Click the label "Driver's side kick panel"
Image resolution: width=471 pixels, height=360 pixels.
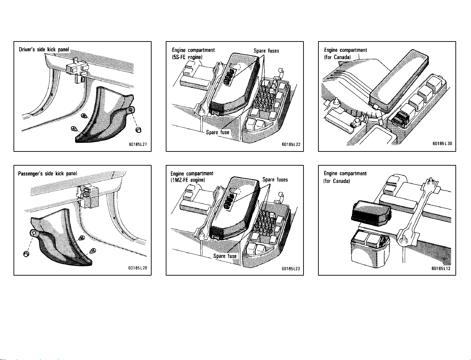tap(44, 49)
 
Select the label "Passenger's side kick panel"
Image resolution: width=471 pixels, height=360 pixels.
tap(47, 174)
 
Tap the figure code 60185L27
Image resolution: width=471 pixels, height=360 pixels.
tap(138, 144)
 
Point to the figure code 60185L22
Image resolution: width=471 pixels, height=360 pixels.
tap(291, 145)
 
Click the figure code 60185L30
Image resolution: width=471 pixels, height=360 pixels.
tap(442, 144)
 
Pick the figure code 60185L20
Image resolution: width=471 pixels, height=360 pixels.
tap(138, 268)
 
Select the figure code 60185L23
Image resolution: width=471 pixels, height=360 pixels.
tap(291, 268)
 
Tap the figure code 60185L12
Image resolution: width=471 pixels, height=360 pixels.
tap(441, 268)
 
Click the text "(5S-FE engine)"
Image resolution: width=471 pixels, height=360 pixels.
tap(187, 57)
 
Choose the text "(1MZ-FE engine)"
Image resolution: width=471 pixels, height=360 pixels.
tap(188, 180)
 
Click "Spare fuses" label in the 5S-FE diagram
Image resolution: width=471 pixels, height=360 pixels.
tap(266, 51)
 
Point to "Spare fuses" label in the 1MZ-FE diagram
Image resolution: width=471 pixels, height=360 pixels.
tap(275, 179)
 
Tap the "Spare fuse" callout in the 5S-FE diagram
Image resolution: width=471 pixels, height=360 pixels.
tap(218, 132)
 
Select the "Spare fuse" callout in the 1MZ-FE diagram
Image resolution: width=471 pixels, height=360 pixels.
tap(225, 256)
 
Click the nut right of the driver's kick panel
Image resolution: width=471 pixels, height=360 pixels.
tap(138, 130)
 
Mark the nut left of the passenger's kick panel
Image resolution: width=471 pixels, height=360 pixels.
tap(26, 254)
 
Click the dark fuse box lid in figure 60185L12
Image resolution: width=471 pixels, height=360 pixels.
tap(371, 213)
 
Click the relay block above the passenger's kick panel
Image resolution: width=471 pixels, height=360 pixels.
tap(88, 197)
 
